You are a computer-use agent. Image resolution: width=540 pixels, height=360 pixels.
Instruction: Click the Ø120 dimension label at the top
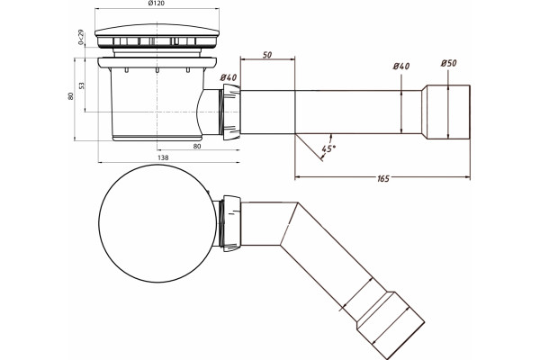[157, 4]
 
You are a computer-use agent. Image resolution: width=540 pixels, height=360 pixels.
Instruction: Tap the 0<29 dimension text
[81, 37]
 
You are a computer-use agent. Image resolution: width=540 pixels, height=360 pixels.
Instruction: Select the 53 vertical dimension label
[81, 85]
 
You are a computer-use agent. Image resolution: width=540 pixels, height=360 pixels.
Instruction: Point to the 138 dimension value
[163, 157]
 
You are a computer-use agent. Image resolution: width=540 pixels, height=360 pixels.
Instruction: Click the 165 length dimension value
[383, 178]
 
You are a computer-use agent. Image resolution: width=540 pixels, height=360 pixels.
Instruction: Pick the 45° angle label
[328, 148]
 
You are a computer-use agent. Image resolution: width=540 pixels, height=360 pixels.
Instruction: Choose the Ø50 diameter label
[448, 63]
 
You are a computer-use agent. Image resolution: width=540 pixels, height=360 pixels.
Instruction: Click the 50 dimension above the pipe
[267, 54]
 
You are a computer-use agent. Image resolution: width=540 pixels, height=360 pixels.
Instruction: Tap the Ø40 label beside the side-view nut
[228, 77]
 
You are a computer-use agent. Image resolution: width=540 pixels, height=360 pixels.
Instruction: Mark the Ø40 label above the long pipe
[401, 66]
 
